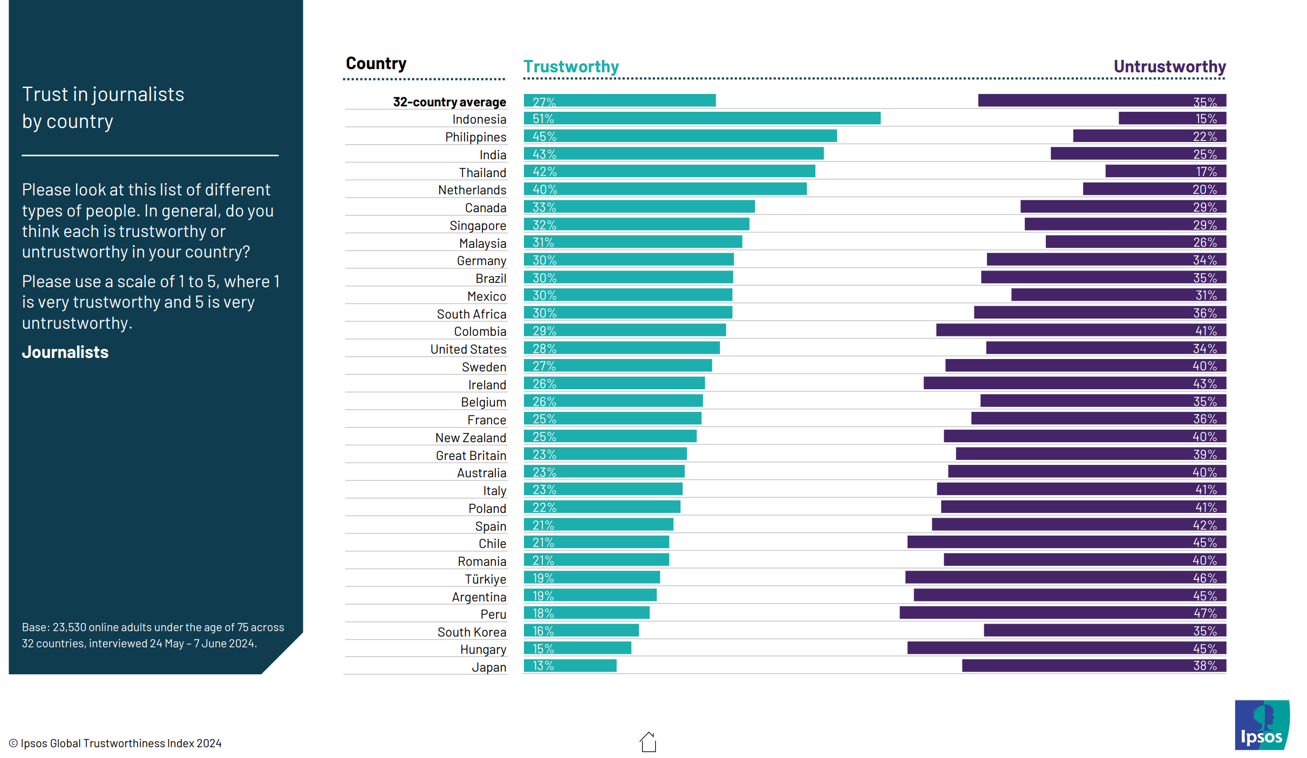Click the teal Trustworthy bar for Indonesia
[702, 118]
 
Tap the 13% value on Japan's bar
[543, 666]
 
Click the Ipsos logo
[1261, 725]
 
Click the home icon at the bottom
[648, 742]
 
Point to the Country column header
[376, 63]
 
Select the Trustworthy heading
[571, 66]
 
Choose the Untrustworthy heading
[1169, 66]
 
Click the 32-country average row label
[449, 102]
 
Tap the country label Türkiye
[485, 579]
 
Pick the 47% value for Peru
[1204, 613]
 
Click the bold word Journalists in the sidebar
[65, 352]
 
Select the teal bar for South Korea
[581, 631]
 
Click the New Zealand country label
[471, 438]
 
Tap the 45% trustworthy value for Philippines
[544, 137]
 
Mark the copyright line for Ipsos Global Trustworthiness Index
[115, 743]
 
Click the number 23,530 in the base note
[69, 627]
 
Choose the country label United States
[468, 349]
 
